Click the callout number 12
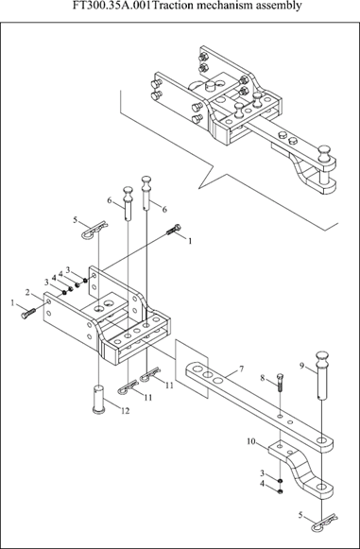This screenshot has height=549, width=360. click(125, 411)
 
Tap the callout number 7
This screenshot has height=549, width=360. click(241, 369)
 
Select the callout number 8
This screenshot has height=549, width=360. click(263, 378)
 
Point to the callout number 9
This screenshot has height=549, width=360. click(301, 367)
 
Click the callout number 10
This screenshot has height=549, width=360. click(251, 442)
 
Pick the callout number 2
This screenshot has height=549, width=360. click(28, 292)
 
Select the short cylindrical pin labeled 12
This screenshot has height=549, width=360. click(99, 399)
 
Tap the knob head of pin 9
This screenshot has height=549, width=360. click(322, 359)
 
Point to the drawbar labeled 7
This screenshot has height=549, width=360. click(259, 403)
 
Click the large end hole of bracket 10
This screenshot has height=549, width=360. click(321, 487)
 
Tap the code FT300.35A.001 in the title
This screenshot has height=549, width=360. click(113, 6)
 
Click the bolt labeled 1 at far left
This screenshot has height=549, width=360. click(28, 313)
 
